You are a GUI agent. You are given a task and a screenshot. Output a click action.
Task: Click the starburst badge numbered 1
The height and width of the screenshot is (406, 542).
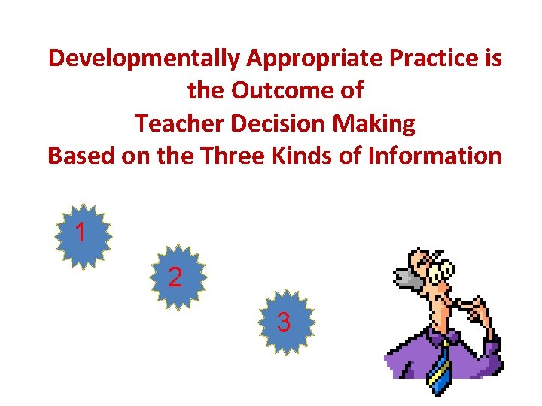tap(83, 235)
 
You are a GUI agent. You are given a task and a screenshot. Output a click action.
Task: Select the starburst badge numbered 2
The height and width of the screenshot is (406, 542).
tap(175, 277)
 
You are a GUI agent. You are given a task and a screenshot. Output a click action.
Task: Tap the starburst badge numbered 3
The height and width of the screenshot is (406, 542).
tap(284, 323)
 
